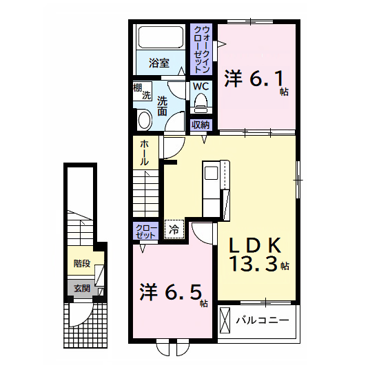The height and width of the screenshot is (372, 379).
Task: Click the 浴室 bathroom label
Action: tap(159, 63)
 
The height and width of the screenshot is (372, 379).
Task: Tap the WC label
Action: tap(201, 87)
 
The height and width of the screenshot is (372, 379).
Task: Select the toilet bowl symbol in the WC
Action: tap(201, 103)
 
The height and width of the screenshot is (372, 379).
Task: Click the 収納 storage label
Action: tap(201, 125)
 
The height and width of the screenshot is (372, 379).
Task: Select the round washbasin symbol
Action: tap(145, 121)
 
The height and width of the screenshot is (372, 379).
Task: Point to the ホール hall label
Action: tap(144, 152)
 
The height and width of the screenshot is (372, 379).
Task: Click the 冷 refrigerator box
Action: tap(174, 229)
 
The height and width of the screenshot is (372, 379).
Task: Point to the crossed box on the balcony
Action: tap(225, 320)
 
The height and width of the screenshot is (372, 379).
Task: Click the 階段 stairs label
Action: tap(82, 262)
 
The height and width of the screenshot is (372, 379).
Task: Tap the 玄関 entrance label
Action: tap(82, 289)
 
